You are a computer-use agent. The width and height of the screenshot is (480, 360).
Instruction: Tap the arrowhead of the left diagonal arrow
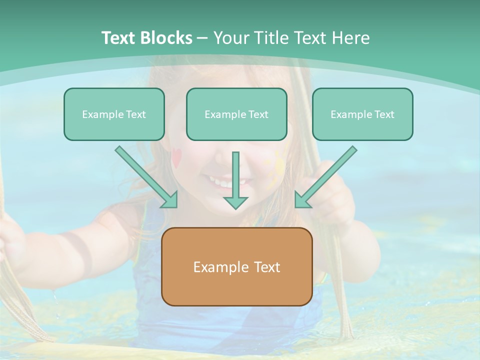point(170,200)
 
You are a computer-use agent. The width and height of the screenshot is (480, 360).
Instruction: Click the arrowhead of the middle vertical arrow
point(235,202)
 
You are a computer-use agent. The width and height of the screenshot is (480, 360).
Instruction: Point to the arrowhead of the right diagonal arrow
point(302,200)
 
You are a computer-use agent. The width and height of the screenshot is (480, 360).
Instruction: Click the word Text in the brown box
point(266,267)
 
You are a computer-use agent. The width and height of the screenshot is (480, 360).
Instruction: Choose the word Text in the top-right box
point(384,114)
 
